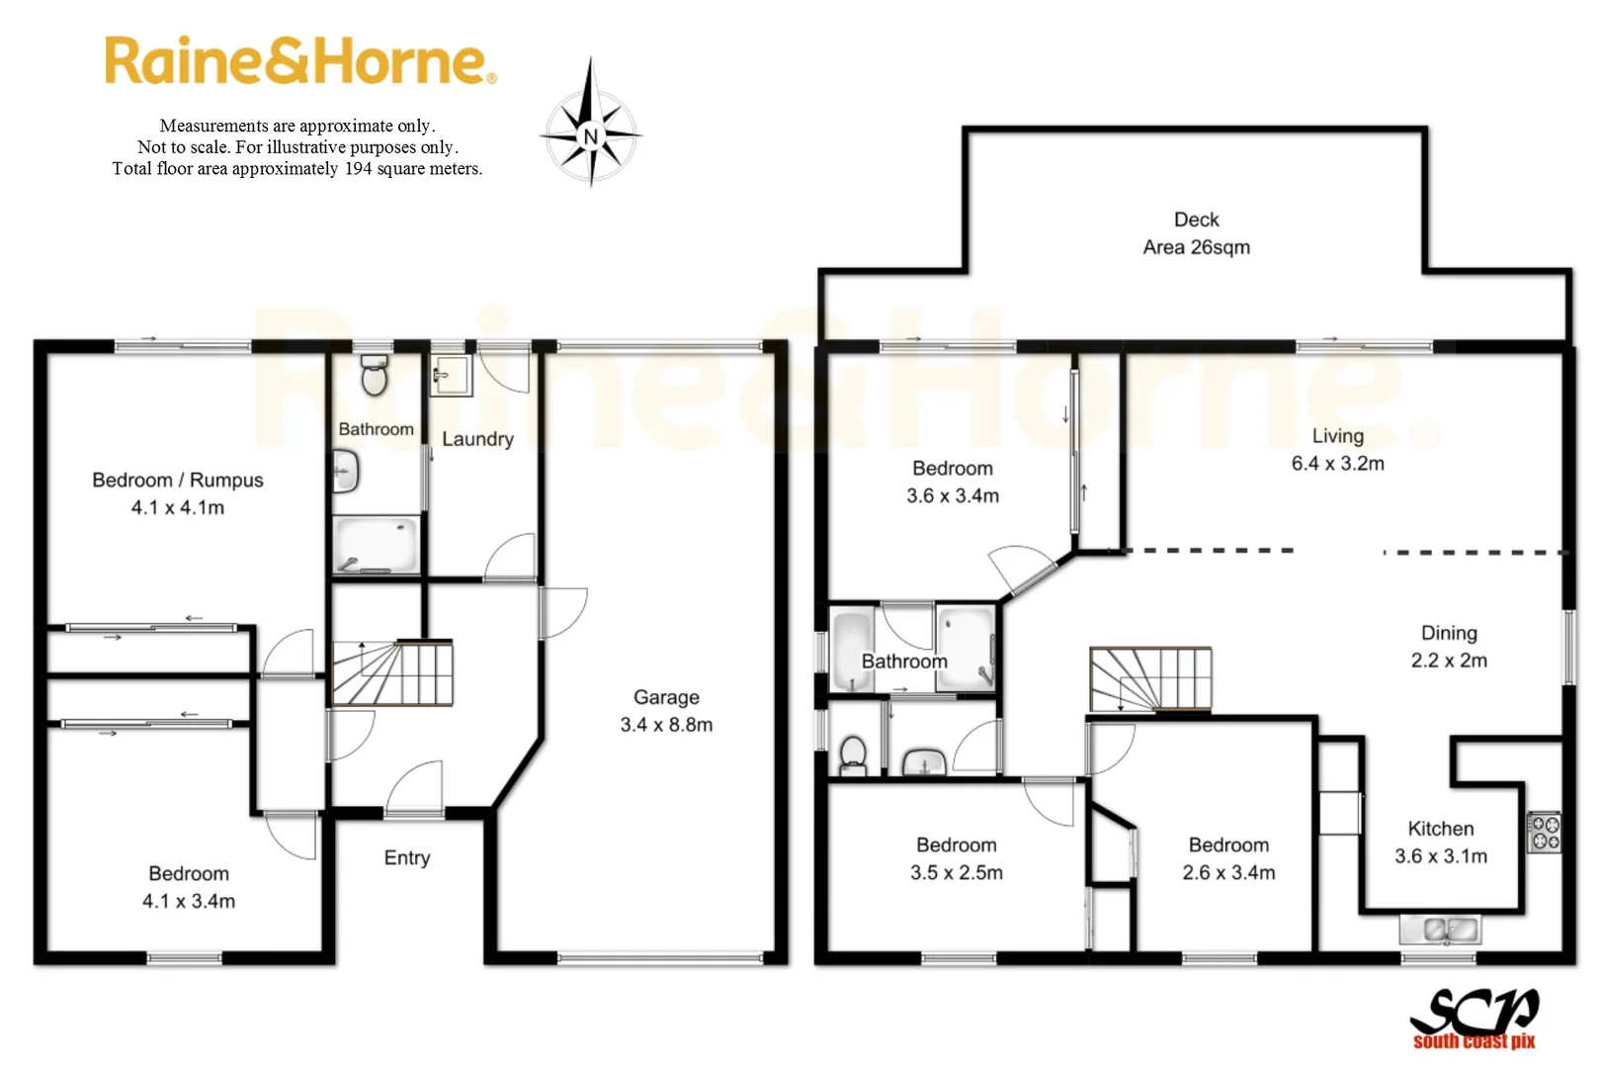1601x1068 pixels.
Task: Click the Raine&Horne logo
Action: click(x=299, y=61)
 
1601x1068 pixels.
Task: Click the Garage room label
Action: click(x=666, y=697)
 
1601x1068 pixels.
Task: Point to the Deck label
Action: click(x=1196, y=220)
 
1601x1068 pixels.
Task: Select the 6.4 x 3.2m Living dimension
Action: click(x=1337, y=463)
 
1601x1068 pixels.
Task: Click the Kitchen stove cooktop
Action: click(x=1545, y=832)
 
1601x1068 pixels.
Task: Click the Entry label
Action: click(x=407, y=857)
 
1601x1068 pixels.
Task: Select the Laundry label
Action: click(x=477, y=439)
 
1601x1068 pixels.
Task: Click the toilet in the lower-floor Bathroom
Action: click(x=375, y=376)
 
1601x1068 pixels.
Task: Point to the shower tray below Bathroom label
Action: click(x=377, y=543)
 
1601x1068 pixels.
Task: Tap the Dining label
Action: click(x=1449, y=633)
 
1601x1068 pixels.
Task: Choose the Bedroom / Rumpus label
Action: click(x=178, y=480)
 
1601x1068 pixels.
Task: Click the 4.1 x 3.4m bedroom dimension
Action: click(x=189, y=901)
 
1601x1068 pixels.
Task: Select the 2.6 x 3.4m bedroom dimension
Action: click(x=1228, y=873)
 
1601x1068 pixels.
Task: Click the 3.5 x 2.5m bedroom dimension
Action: click(x=957, y=873)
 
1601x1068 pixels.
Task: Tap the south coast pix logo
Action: click(x=1474, y=1018)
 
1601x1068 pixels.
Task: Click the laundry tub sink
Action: click(x=451, y=376)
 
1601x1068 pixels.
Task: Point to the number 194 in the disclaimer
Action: click(x=358, y=169)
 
